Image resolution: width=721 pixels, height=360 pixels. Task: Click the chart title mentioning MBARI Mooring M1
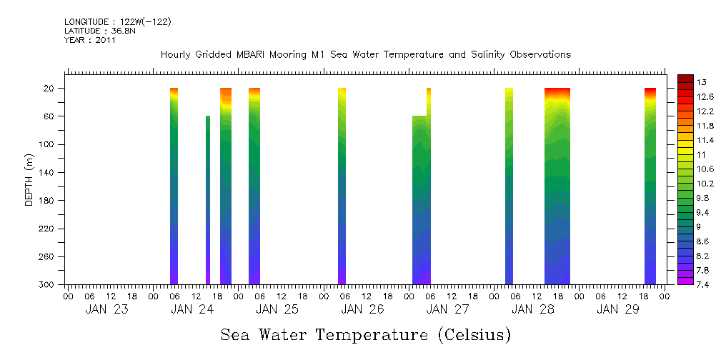click(x=366, y=55)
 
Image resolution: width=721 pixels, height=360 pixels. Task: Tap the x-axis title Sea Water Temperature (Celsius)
click(x=366, y=334)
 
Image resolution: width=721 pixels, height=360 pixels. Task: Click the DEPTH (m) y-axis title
click(x=29, y=179)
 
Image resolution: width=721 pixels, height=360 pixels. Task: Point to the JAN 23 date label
click(x=107, y=309)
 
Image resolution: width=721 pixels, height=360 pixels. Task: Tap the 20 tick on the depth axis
click(x=50, y=89)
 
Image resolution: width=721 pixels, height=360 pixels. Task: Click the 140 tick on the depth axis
click(x=48, y=173)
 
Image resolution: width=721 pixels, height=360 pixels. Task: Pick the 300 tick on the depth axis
click(x=48, y=285)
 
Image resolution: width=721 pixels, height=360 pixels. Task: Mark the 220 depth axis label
click(x=48, y=229)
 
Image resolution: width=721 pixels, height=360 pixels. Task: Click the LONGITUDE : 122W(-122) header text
click(x=118, y=22)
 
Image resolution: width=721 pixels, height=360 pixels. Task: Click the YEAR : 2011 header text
click(x=90, y=40)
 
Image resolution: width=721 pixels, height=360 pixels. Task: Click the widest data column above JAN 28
click(x=557, y=186)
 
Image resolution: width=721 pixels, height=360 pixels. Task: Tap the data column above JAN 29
click(x=650, y=186)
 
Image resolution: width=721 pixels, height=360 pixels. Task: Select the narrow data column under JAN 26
click(x=342, y=186)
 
